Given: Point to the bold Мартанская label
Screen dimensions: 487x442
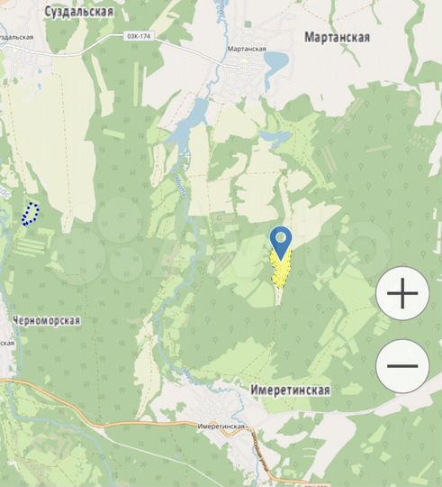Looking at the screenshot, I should (x=337, y=37).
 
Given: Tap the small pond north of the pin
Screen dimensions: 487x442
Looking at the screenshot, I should (x=277, y=139).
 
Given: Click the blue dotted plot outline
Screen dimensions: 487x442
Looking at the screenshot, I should (x=31, y=214).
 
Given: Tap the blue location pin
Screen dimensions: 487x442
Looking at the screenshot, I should (x=282, y=241).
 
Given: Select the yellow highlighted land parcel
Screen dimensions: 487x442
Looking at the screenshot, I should (x=280, y=270).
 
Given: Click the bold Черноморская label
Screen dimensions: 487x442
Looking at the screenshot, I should (x=47, y=320).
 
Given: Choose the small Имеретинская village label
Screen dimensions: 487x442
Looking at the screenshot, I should (x=221, y=424).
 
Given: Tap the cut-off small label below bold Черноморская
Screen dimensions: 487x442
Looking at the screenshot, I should (x=7, y=343).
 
